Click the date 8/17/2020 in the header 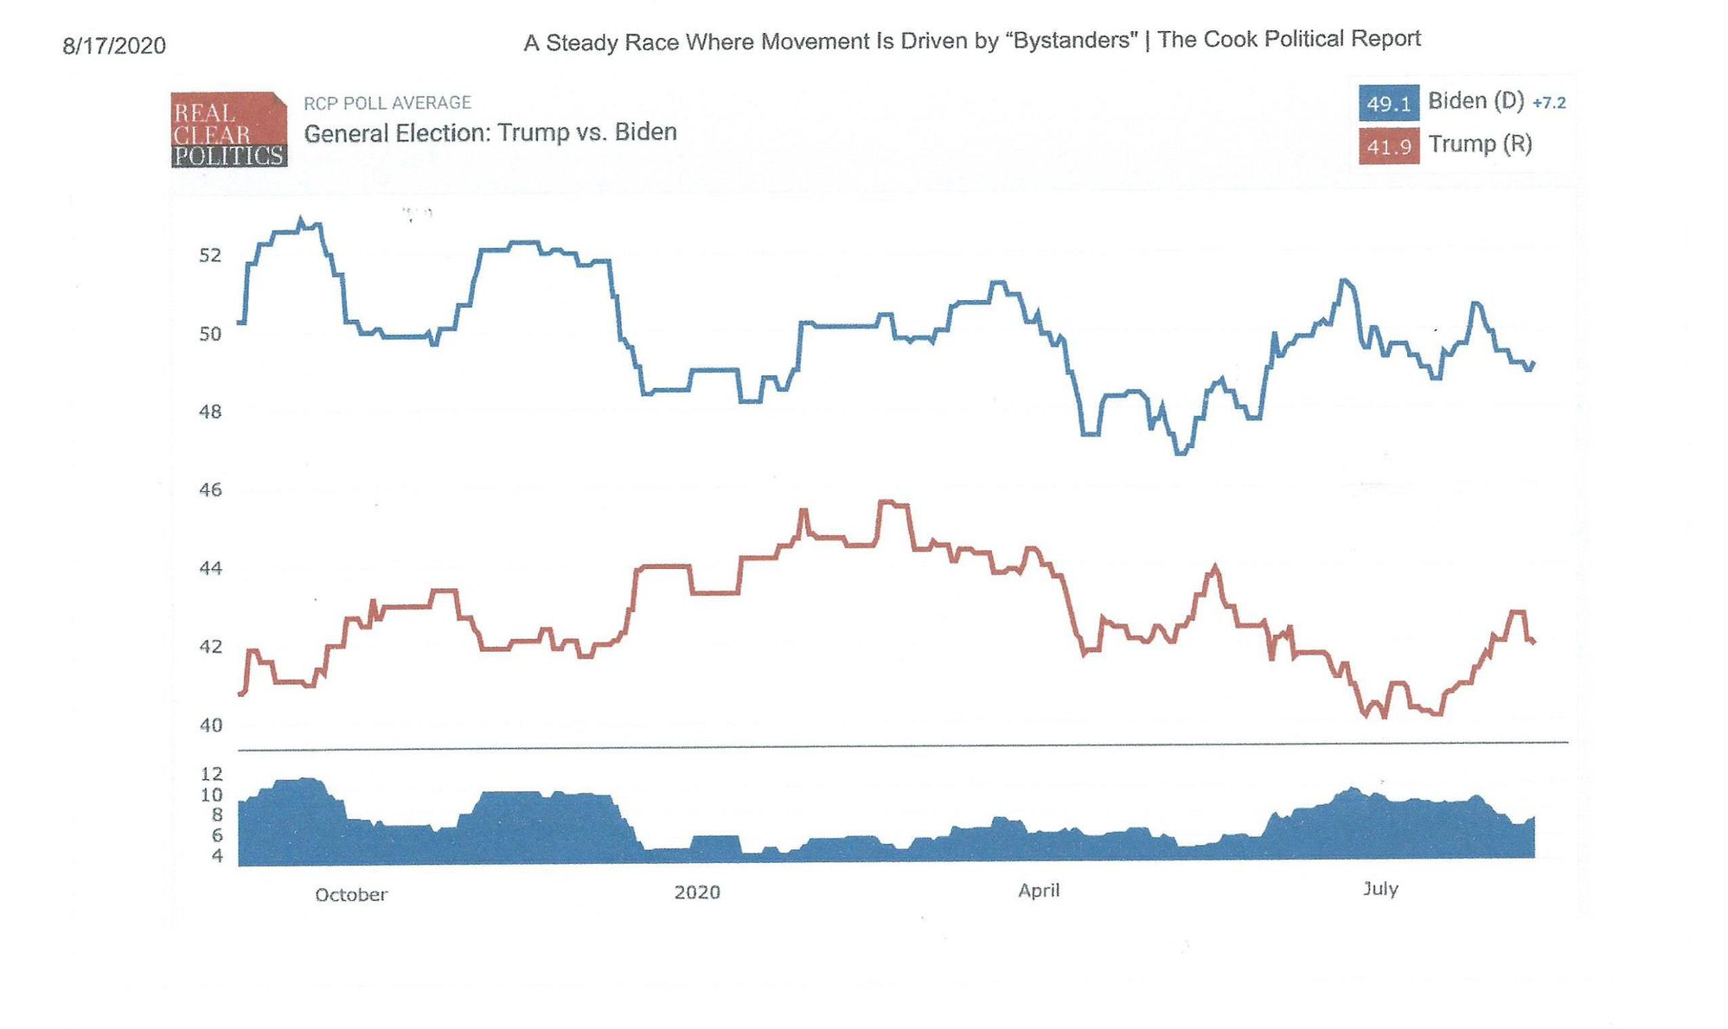click(114, 45)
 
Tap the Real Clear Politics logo click(228, 130)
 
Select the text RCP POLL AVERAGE click(387, 103)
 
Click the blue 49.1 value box click(1388, 103)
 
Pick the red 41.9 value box click(1388, 146)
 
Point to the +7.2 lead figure click(1549, 103)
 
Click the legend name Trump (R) click(1480, 144)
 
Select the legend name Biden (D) click(1475, 101)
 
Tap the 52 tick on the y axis click(210, 255)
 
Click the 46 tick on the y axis click(210, 490)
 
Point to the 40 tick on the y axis click(210, 725)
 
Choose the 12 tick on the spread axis click(212, 774)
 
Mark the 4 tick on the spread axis click(216, 856)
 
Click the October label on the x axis click(351, 895)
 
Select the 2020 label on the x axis click(697, 892)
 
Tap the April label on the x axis click(1039, 891)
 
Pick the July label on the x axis click(1380, 889)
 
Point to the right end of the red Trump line click(1533, 642)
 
